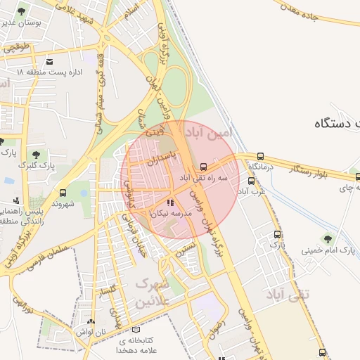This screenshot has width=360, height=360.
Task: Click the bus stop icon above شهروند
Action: pos(63,192)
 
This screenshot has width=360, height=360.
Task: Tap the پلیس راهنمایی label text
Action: pos(21,212)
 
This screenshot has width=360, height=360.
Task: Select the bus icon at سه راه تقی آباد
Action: pos(203,167)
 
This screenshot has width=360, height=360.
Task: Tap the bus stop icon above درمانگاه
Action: pos(261,156)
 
